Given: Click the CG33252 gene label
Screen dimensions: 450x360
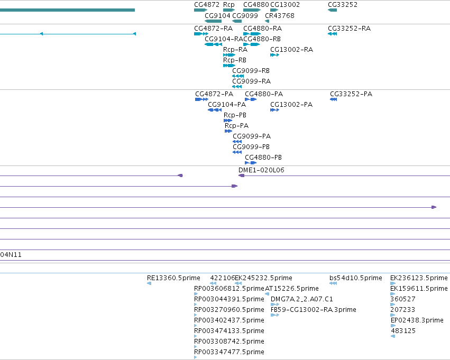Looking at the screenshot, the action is pyautogui.click(x=343, y=5).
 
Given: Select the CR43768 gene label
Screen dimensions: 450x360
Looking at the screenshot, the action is pyautogui.click(x=280, y=15).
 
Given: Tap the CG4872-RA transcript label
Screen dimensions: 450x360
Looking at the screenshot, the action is pyautogui.click(x=213, y=29).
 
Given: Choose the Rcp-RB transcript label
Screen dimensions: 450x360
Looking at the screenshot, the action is pyautogui.click(x=235, y=60).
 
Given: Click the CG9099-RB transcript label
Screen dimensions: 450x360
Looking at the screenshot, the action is pyautogui.click(x=251, y=70).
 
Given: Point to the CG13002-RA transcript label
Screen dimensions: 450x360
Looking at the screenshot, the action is pyautogui.click(x=291, y=49).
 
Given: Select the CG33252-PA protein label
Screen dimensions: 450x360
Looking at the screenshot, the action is pyautogui.click(x=351, y=94).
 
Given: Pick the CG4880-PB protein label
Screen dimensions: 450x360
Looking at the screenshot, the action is pyautogui.click(x=263, y=157).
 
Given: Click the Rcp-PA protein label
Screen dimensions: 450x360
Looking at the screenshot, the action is pyautogui.click(x=236, y=126).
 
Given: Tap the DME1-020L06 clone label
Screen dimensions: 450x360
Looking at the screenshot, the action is pyautogui.click(x=261, y=170).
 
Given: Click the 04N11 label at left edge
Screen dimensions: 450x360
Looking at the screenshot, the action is pyautogui.click(x=11, y=255).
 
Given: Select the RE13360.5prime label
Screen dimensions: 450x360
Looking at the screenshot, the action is pyautogui.click(x=173, y=278).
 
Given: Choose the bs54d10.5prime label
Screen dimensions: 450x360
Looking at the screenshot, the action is pyautogui.click(x=356, y=278).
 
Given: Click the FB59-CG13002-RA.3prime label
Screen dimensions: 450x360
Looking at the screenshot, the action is pyautogui.click(x=314, y=309).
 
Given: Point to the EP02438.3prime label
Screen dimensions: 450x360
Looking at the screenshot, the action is pyautogui.click(x=417, y=320).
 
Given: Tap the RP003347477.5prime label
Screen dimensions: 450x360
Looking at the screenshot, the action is pyautogui.click(x=229, y=352).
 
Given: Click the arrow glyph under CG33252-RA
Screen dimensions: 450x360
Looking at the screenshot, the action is pyautogui.click(x=332, y=34).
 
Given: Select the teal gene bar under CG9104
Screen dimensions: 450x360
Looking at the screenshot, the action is pyautogui.click(x=213, y=21).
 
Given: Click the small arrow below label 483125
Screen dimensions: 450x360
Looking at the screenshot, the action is pyautogui.click(x=393, y=336).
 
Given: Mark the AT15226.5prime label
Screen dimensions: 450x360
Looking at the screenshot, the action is pyautogui.click(x=291, y=288).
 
